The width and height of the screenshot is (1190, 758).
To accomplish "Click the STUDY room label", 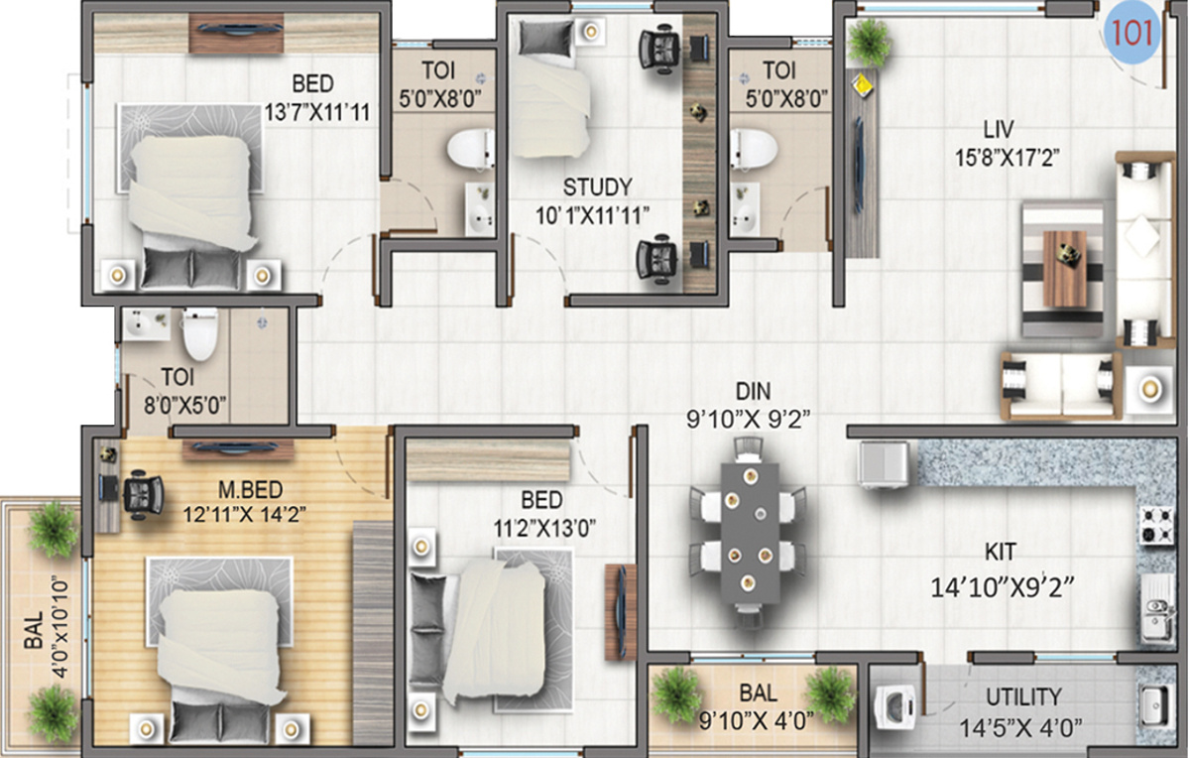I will point(597,186).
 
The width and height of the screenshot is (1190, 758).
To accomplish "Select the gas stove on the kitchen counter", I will point(1156,525).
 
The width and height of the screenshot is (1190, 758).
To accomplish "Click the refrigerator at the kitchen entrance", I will point(885,464).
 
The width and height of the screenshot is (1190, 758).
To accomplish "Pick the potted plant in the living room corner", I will point(871,41).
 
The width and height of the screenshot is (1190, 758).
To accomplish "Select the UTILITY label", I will point(1023,696).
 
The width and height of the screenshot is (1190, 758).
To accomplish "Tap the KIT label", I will point(1001,553).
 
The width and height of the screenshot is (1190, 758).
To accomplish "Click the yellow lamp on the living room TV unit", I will point(864,85).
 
